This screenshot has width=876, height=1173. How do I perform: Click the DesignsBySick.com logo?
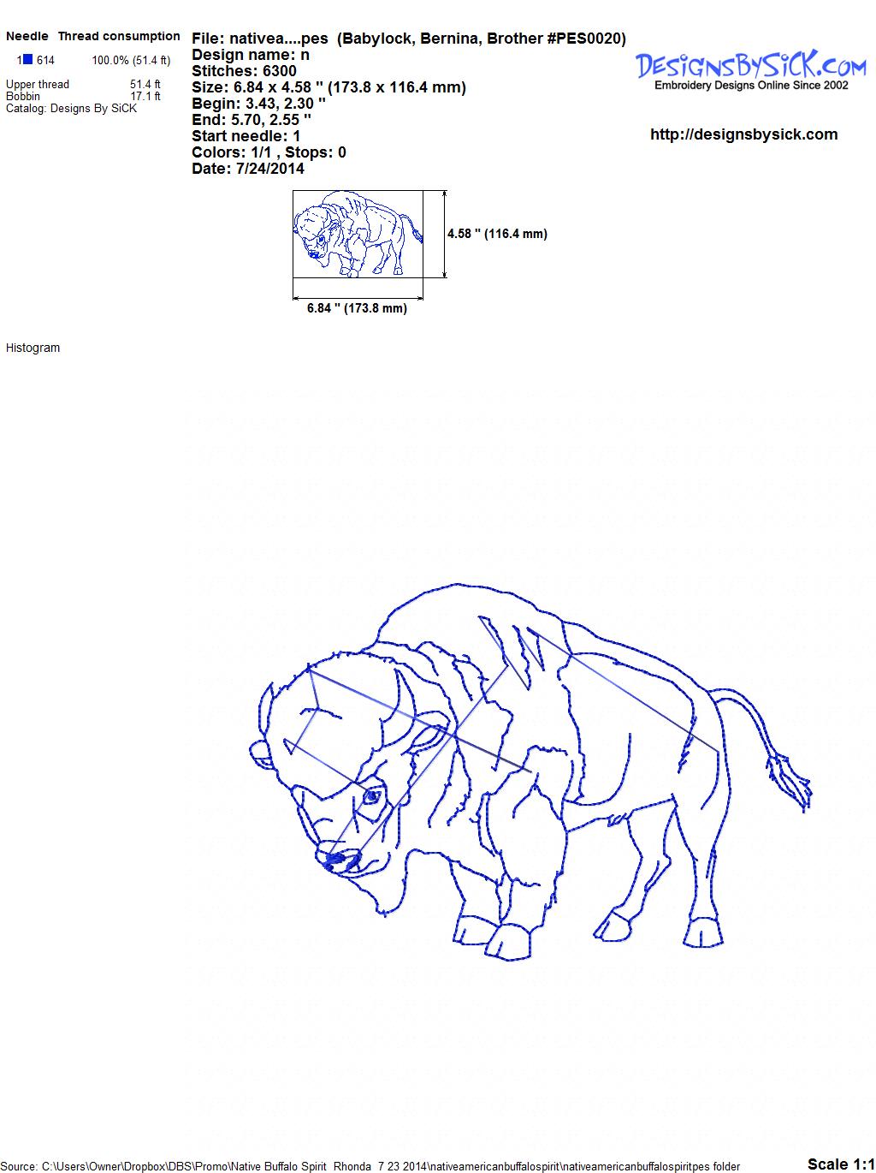(x=750, y=70)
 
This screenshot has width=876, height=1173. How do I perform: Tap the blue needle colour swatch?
(x=27, y=59)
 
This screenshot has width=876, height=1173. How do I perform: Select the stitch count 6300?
(x=279, y=71)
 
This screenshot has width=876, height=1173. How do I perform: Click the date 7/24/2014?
(x=270, y=169)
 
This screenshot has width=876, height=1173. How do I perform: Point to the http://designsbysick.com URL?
(x=743, y=134)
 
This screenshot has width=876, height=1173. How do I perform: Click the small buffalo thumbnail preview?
(x=358, y=234)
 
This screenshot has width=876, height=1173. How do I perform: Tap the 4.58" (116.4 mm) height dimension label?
(x=497, y=234)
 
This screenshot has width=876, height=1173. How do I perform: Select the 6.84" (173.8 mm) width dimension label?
(x=357, y=308)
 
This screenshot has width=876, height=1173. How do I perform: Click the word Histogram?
(x=33, y=348)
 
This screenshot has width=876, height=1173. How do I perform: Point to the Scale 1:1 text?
(x=841, y=1164)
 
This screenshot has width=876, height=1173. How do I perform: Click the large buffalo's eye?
(x=372, y=797)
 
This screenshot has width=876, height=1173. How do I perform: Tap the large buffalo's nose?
(x=337, y=860)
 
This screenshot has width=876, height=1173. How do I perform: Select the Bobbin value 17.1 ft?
(x=145, y=96)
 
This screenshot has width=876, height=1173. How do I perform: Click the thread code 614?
(x=45, y=61)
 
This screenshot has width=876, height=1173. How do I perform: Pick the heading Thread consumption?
(x=119, y=36)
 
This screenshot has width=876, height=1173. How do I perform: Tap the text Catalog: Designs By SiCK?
(x=71, y=109)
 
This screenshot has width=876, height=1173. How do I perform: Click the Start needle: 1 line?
(x=246, y=136)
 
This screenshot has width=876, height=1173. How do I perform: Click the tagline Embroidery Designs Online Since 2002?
(x=751, y=86)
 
